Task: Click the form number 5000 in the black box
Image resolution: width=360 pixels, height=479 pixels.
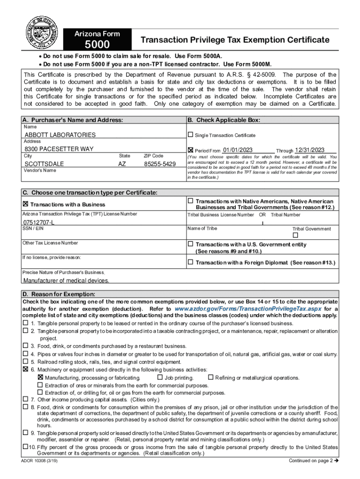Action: pos(97,45)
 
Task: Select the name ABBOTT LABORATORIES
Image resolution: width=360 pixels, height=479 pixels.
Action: pos(60,135)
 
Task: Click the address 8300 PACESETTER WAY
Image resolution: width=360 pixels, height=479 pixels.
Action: pos(59,149)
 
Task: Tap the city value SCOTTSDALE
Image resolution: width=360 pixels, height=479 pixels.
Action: pos(44,164)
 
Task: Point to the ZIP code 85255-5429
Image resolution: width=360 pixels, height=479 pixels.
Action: pos(159,164)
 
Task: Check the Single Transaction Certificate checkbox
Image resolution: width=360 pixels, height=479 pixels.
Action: pos(190,135)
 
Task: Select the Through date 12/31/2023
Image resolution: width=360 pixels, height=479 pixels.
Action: pos(310,150)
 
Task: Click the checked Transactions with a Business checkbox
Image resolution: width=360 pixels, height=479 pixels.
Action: pos(26,204)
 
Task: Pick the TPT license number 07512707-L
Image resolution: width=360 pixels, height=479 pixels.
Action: pos(39,222)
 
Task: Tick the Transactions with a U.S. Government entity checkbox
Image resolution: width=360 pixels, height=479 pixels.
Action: pos(190,244)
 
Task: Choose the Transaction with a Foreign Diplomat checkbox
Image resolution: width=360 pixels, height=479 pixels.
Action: pos(190,262)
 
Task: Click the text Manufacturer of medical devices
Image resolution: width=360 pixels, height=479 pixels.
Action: pos(66,281)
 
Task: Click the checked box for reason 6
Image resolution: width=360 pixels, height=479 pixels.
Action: pos(26,369)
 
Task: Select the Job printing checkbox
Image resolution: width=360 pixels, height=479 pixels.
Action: pos(160,377)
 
